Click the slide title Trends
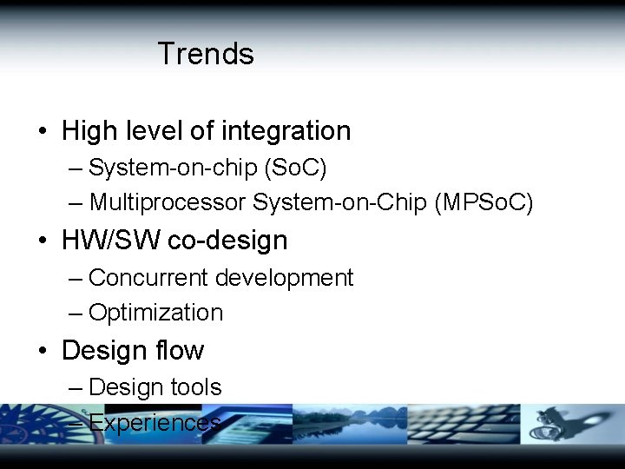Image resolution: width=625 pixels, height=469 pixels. [206, 54]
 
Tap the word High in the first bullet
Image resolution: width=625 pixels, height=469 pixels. [89, 131]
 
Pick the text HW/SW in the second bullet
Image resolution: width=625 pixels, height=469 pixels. [111, 241]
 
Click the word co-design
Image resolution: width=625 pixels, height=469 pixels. [227, 241]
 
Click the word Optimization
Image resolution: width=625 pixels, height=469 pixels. [156, 313]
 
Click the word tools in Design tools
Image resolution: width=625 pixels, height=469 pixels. [195, 387]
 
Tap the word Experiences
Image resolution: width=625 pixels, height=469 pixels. [155, 423]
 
